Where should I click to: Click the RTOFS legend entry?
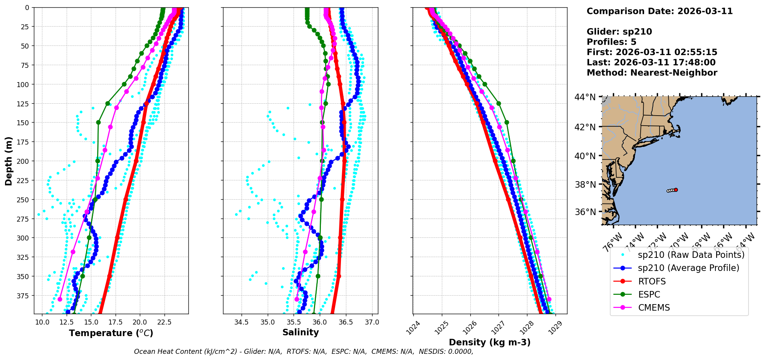pyautogui.click(x=652, y=281)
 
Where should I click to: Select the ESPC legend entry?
pyautogui.click(x=649, y=294)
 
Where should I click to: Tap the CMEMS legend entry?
pyautogui.click(x=654, y=308)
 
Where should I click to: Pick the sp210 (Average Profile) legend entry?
pyautogui.click(x=688, y=268)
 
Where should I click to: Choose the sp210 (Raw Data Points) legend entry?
pyautogui.click(x=691, y=255)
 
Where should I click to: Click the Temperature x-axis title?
pyautogui.click(x=111, y=333)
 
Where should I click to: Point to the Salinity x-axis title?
pyautogui.click(x=300, y=332)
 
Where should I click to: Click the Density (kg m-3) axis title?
pyautogui.click(x=490, y=342)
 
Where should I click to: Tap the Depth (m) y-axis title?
pyautogui.click(x=8, y=161)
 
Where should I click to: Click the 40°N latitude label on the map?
pyautogui.click(x=585, y=156)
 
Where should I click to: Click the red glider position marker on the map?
pyautogui.click(x=676, y=190)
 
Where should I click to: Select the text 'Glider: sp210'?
pyautogui.click(x=619, y=32)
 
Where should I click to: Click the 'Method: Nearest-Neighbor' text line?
pyautogui.click(x=652, y=73)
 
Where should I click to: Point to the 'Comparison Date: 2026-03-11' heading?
pyautogui.click(x=660, y=11)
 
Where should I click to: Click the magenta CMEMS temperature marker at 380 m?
pyautogui.click(x=60, y=299)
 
